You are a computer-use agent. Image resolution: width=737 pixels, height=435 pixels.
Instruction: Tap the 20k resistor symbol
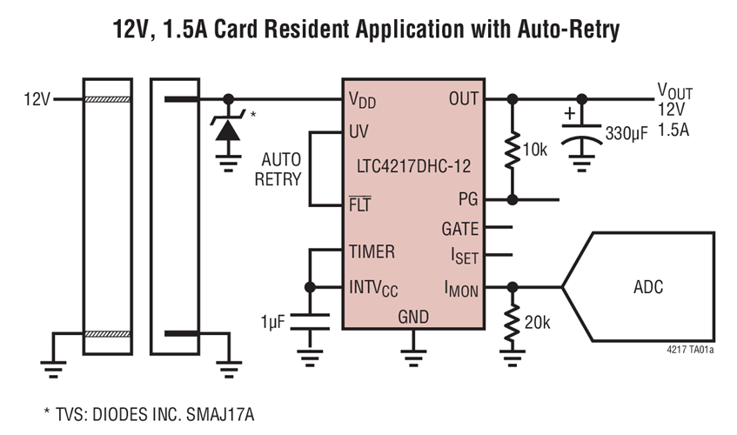(513, 321)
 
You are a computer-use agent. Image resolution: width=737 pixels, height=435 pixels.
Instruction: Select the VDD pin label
(362, 99)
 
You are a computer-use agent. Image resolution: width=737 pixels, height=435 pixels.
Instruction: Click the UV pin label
(358, 132)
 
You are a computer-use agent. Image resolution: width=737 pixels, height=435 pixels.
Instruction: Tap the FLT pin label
(359, 205)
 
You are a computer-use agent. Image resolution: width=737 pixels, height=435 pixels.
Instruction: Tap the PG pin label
(468, 200)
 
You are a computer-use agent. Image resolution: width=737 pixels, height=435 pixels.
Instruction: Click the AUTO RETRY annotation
(281, 171)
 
